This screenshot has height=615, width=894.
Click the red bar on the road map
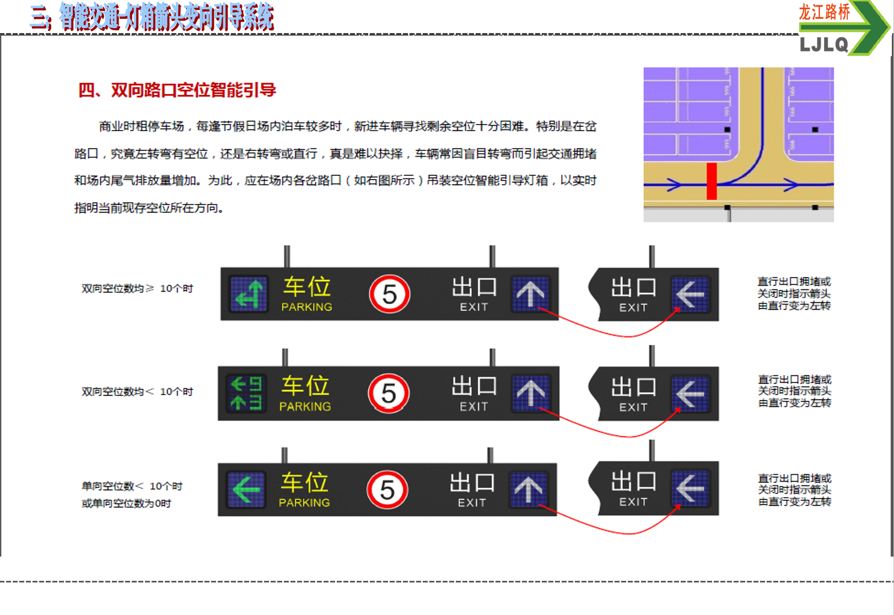(x=712, y=181)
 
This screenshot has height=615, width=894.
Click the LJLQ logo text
(x=823, y=45)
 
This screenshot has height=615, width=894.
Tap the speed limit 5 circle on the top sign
(x=390, y=294)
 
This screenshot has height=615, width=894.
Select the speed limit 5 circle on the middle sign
(x=389, y=393)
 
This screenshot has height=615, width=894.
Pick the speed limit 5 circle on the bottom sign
(x=387, y=489)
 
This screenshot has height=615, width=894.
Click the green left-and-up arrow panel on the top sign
(x=249, y=294)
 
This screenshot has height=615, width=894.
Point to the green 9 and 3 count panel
(x=246, y=393)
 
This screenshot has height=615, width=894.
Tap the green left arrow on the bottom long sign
(x=246, y=489)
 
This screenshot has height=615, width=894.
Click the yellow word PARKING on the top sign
(x=306, y=307)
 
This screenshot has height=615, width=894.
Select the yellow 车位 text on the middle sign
(x=305, y=386)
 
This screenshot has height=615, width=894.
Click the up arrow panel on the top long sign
(x=530, y=294)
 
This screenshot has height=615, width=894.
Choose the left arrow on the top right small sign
(x=690, y=294)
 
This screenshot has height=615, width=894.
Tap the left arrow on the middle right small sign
(x=690, y=394)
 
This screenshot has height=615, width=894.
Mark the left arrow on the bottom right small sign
(x=690, y=488)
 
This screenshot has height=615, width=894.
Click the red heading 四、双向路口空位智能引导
(x=177, y=90)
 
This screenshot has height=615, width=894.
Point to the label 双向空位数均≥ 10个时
(x=137, y=288)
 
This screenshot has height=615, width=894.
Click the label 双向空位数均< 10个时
(x=137, y=391)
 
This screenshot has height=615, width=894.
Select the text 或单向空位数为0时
(x=126, y=503)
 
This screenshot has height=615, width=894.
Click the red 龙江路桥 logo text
(x=824, y=12)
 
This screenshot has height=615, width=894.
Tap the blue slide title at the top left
(x=152, y=17)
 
